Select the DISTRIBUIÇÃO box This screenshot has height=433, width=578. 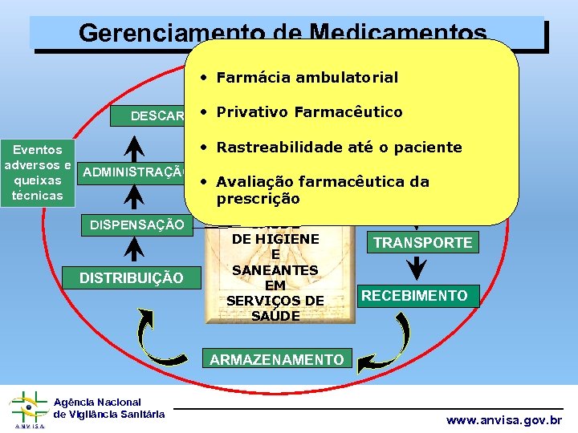(x=131, y=277)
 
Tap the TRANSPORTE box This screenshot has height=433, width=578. (x=423, y=242)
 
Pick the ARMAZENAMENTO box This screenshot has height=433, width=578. (x=277, y=360)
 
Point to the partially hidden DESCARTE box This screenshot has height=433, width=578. (x=157, y=116)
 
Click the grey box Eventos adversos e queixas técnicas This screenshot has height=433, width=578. (x=37, y=172)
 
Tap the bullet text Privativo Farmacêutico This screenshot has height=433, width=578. (x=309, y=111)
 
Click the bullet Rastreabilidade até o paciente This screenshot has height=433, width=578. (x=339, y=147)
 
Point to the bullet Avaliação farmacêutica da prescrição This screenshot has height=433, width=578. (x=321, y=189)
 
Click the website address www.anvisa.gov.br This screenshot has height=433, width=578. (x=504, y=420)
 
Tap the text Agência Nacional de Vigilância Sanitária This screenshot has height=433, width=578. (x=109, y=407)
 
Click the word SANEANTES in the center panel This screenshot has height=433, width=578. (x=275, y=270)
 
